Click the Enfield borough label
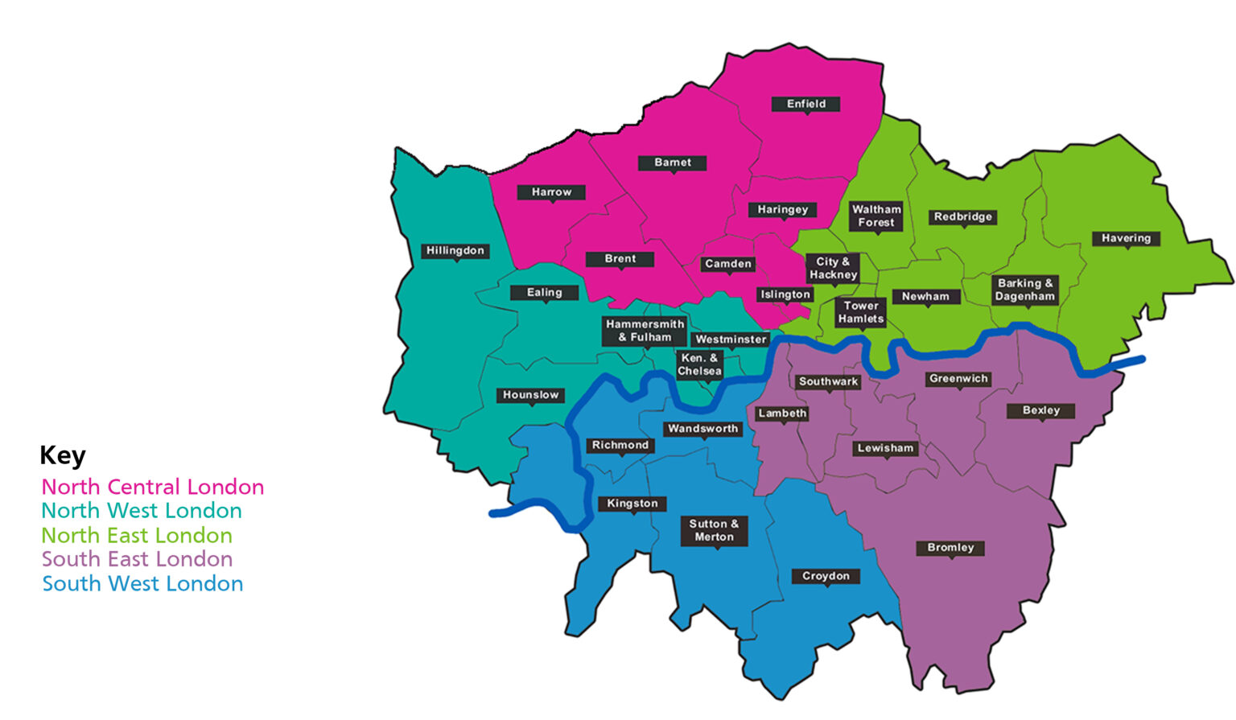click(x=805, y=104)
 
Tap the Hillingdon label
click(x=455, y=250)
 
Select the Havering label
click(x=1126, y=238)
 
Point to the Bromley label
click(x=950, y=548)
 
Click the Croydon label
click(x=826, y=576)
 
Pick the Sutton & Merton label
click(x=714, y=530)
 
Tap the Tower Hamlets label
click(x=860, y=312)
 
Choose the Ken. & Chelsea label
click(x=699, y=364)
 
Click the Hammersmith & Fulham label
click(x=645, y=331)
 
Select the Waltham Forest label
click(x=876, y=216)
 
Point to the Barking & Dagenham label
click(x=1024, y=290)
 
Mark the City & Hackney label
click(x=833, y=268)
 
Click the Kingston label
click(x=632, y=504)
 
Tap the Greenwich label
click(x=958, y=379)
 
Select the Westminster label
click(x=731, y=339)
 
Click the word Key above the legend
click(x=63, y=455)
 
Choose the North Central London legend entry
click(x=153, y=487)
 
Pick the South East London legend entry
click(x=137, y=559)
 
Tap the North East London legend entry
click(x=137, y=535)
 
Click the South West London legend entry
click(x=142, y=583)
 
